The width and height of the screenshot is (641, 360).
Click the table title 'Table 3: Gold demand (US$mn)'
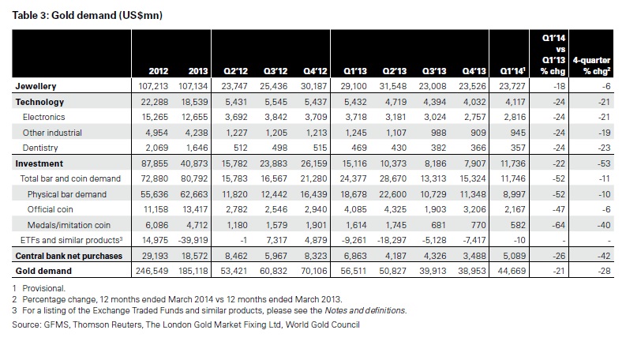click(x=87, y=16)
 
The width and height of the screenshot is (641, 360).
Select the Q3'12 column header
click(x=276, y=71)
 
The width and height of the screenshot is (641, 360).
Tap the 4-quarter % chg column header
click(x=591, y=66)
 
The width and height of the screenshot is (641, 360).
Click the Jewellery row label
click(x=36, y=86)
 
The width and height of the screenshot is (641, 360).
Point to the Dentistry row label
click(x=40, y=148)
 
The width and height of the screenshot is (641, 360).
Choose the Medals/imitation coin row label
click(x=69, y=225)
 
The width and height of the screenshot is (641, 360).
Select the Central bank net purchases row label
click(x=69, y=257)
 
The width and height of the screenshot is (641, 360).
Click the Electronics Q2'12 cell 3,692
click(x=236, y=118)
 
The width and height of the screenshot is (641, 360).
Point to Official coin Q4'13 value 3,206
click(x=474, y=210)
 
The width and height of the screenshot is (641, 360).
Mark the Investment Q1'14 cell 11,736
click(x=512, y=164)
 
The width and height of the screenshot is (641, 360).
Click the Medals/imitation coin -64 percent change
click(x=558, y=225)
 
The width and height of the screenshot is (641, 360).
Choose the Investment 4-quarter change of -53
click(x=604, y=164)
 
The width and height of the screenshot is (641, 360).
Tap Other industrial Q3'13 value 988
click(x=437, y=133)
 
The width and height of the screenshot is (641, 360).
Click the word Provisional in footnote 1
click(x=43, y=288)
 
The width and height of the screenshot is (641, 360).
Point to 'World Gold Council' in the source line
click(x=323, y=324)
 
